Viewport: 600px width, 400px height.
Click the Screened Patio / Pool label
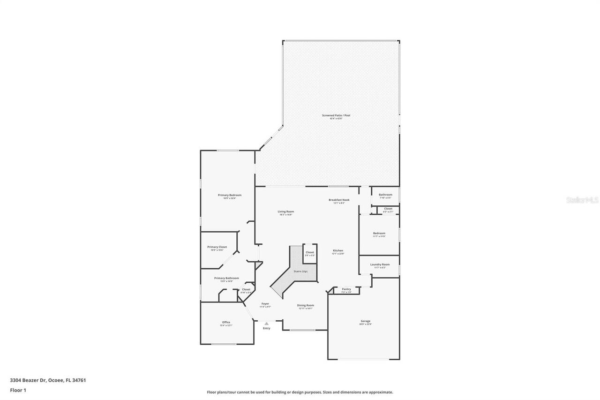(336, 115)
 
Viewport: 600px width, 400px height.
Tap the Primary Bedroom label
(230, 195)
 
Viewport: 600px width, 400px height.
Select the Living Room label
(286, 212)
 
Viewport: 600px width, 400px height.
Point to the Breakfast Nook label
(339, 200)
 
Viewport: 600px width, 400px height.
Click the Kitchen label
(338, 251)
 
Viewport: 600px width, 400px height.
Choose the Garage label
(365, 321)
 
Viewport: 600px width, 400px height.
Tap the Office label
(226, 322)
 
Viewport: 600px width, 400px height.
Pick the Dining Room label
(306, 305)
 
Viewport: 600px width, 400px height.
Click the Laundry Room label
(380, 264)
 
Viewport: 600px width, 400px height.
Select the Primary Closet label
(217, 247)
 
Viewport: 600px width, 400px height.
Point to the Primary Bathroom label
(226, 278)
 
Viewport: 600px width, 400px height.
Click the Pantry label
(346, 289)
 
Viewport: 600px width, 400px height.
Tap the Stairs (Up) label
(300, 272)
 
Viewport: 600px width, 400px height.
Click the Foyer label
(265, 304)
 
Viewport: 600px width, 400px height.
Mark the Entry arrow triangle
(266, 324)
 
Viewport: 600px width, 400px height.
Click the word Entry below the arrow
(266, 328)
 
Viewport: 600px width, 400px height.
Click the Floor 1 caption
(18, 390)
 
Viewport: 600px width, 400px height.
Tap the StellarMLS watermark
(583, 200)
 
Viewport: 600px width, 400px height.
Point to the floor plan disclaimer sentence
(300, 392)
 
